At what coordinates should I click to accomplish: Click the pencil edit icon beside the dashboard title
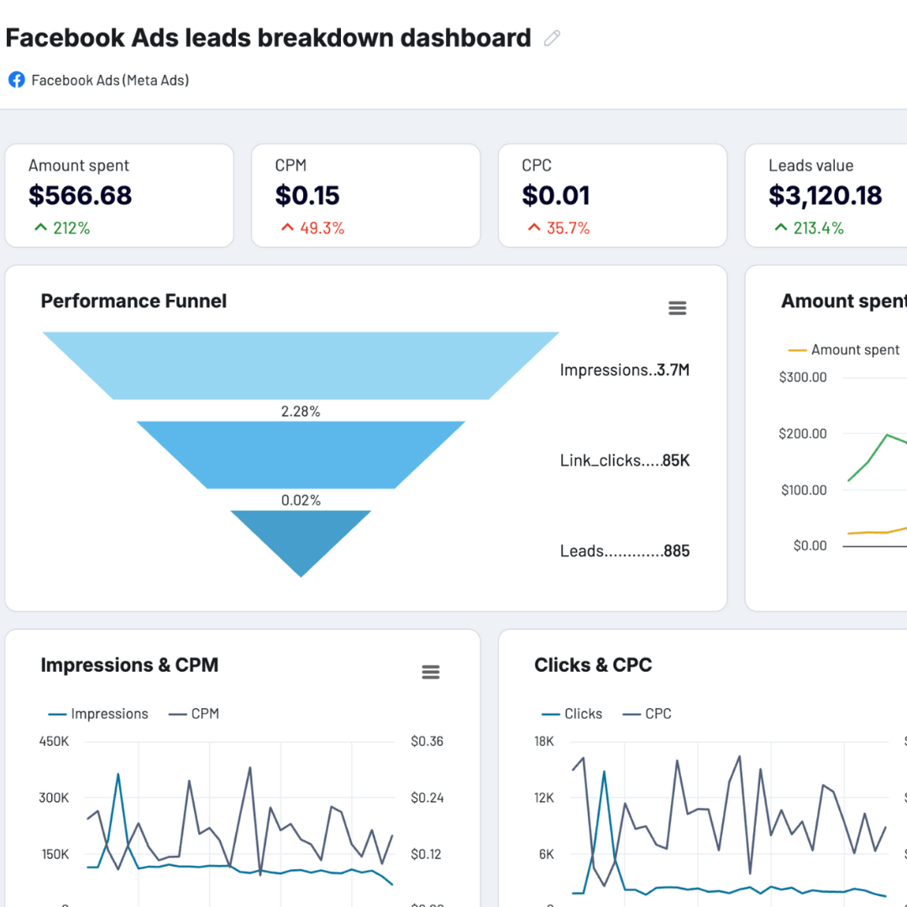[552, 38]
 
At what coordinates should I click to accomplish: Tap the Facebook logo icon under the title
[16, 80]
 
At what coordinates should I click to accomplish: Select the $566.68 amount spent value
[80, 196]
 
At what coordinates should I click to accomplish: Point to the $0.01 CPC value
[555, 196]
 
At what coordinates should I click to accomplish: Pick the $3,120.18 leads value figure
[825, 196]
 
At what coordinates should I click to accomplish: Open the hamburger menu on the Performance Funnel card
[677, 308]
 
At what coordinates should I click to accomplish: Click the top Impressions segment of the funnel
[301, 365]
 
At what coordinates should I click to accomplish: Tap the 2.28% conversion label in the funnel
[301, 412]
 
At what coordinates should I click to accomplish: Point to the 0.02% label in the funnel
[301, 501]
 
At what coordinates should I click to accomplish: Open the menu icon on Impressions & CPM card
[430, 672]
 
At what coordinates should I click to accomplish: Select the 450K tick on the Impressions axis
[54, 742]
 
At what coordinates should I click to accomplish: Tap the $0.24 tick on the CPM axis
[427, 798]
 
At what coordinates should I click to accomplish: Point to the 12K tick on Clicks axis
[544, 798]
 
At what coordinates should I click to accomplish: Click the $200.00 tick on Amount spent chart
[803, 433]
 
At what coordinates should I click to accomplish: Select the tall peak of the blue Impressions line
[118, 774]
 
